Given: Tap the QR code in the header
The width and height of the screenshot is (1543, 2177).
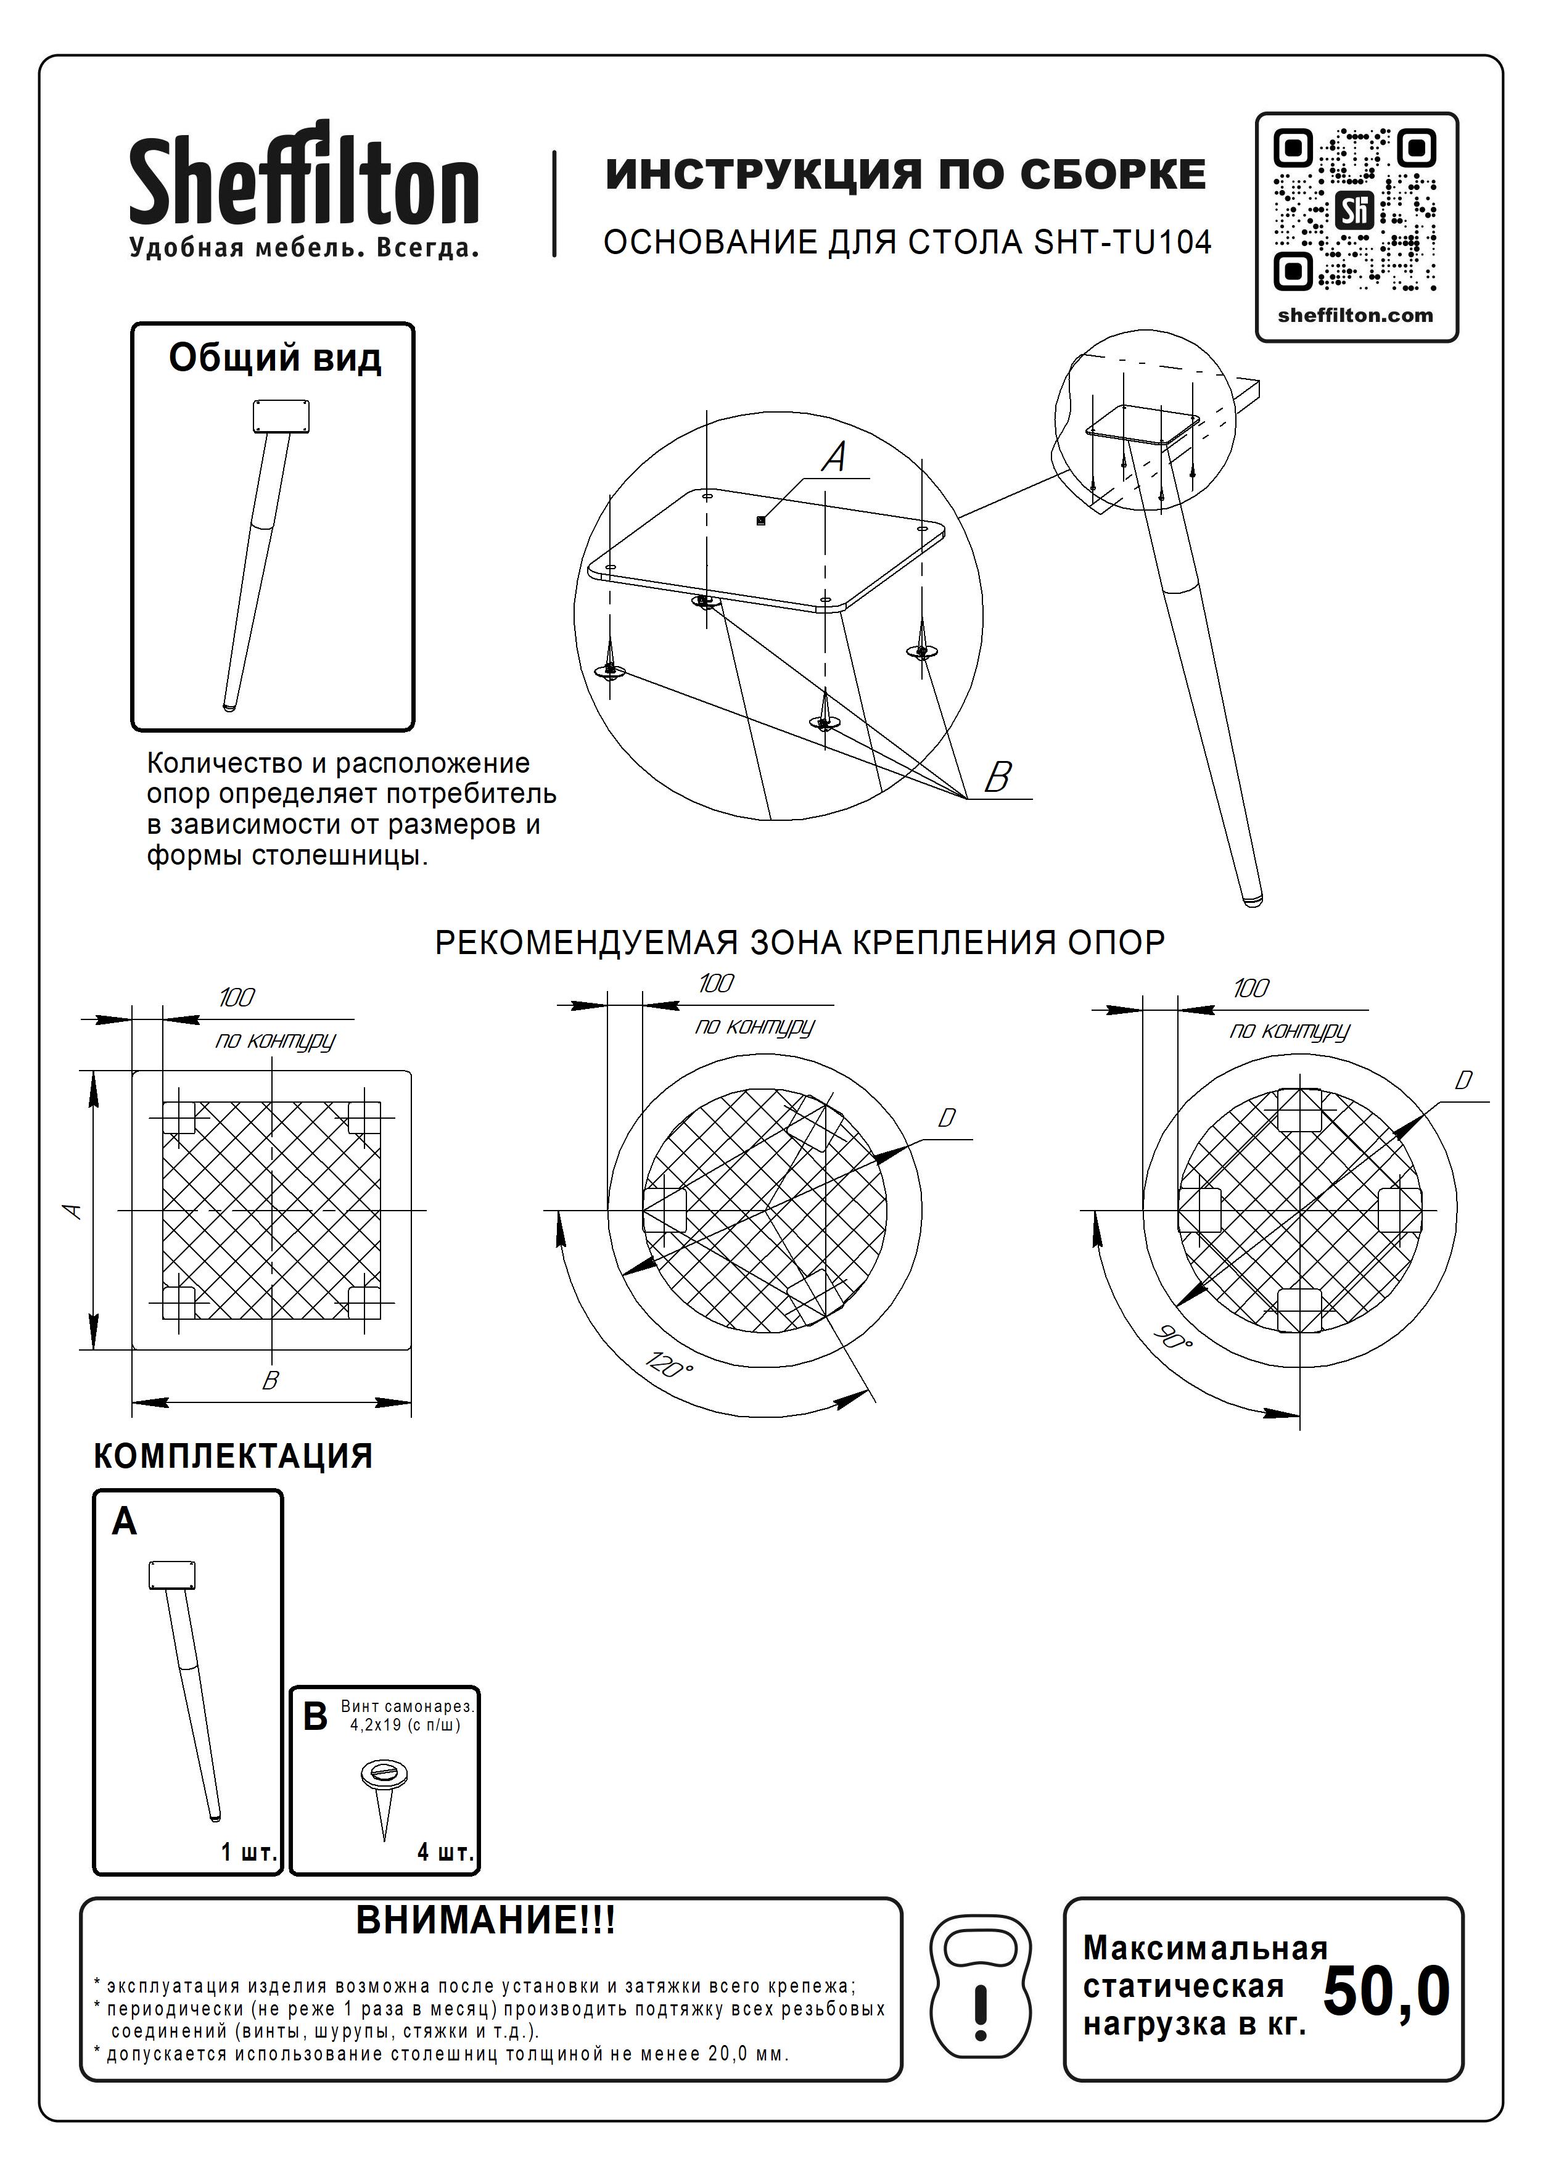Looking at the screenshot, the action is [x=1355, y=210].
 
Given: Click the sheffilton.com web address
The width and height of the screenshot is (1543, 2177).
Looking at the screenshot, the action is [x=1355, y=316].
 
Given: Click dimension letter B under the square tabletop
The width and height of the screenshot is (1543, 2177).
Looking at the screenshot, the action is [x=271, y=1381].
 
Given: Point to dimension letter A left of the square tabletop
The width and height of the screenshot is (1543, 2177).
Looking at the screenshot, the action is [x=72, y=1211].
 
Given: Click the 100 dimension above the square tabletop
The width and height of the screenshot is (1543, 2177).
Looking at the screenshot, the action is [x=237, y=998].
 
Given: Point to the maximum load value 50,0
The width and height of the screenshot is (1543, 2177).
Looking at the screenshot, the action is [x=1386, y=1992].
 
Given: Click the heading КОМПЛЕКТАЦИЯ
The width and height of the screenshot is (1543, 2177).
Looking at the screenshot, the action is [x=232, y=1457].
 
